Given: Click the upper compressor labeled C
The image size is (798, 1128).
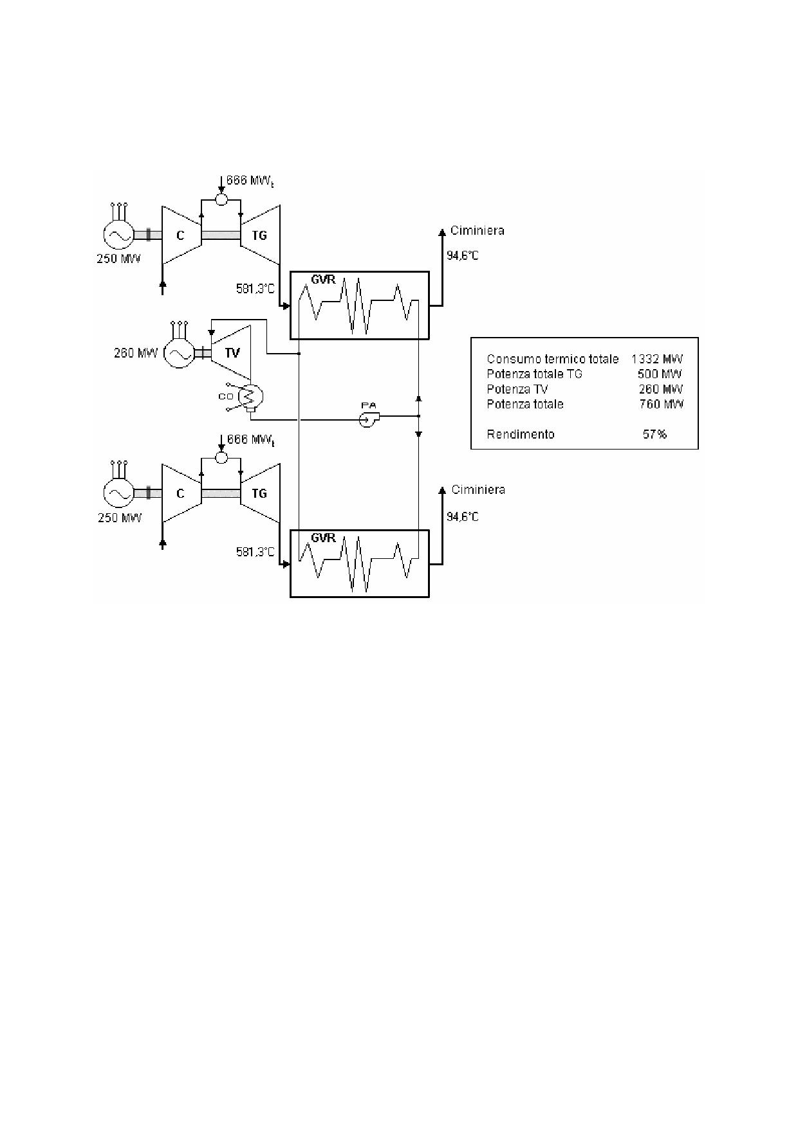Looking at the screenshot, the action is point(181,235).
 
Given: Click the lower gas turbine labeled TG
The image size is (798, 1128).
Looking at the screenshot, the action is point(260,493).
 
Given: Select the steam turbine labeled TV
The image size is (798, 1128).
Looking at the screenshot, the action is point(231,352).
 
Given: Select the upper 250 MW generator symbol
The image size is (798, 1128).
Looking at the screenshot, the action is point(118,235).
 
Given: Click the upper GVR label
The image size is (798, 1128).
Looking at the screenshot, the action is point(323,280).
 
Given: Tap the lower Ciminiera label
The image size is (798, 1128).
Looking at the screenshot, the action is point(478,490).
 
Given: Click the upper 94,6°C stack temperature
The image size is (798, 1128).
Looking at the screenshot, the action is point(463,256).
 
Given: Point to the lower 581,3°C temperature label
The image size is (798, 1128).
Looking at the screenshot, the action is point(255,552).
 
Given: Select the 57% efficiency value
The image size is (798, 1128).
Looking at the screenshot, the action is point(654,434).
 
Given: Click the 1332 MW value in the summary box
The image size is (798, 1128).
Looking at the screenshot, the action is point(657,359).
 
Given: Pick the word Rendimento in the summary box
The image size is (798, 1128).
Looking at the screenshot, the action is point(521,434).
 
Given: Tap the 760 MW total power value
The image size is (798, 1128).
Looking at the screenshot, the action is point(657,404).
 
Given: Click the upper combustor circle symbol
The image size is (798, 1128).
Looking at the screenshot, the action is point(221,199).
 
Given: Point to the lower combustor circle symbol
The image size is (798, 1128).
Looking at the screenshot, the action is point(221,457).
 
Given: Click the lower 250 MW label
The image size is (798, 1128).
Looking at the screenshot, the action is point(120,518).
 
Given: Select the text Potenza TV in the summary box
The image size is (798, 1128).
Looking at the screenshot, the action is point(517,389).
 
